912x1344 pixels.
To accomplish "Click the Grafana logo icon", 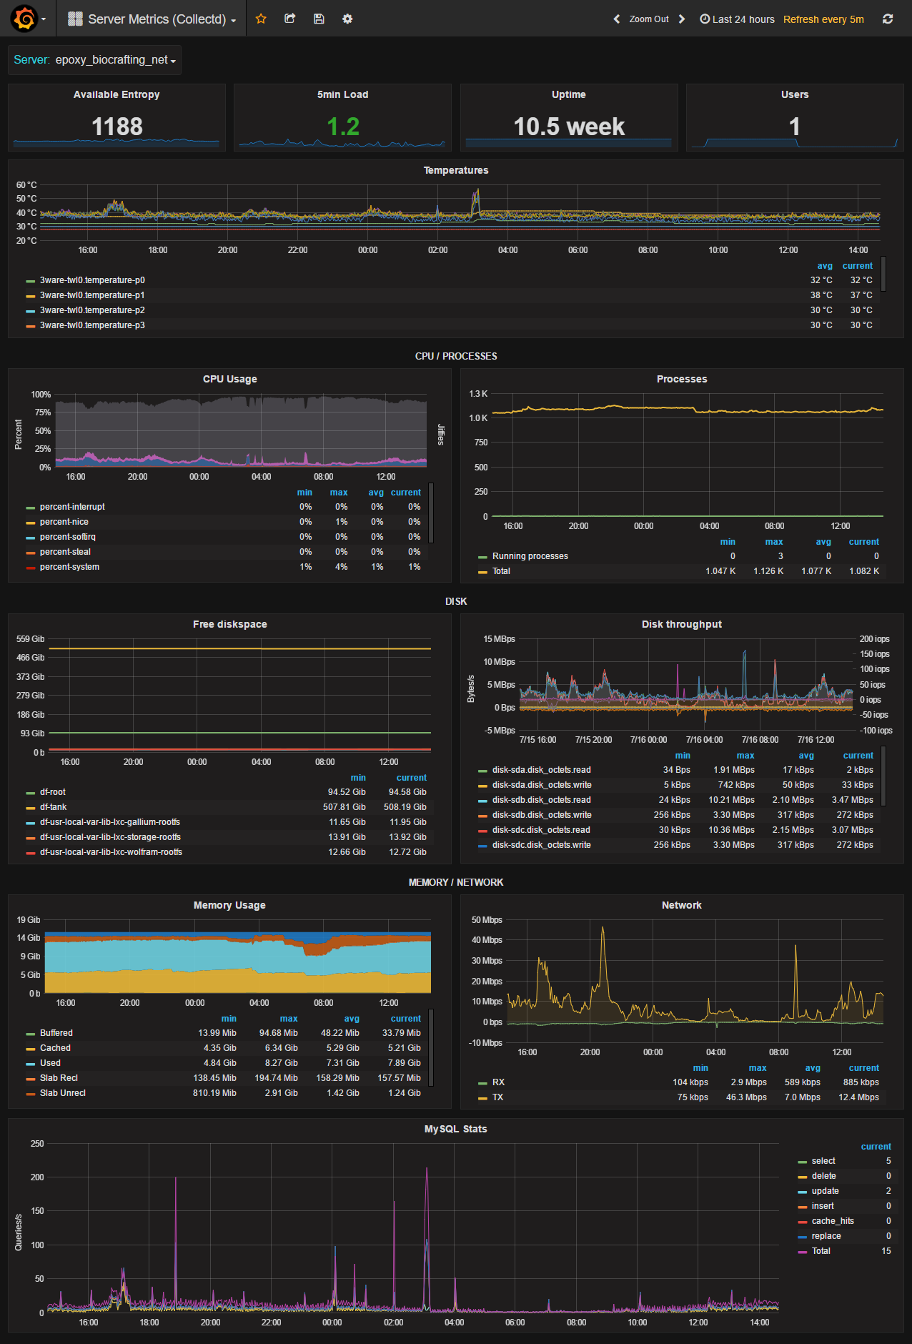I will pos(24,19).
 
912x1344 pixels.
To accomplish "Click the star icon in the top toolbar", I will pos(261,19).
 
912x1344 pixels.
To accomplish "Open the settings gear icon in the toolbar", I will pos(347,19).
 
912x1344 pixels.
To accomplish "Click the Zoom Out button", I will pos(648,19).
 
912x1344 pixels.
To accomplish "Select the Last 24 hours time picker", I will pos(737,19).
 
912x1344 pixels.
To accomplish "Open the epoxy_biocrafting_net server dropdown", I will pos(115,60).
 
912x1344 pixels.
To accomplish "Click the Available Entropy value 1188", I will pos(117,127).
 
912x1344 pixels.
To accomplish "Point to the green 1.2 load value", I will pos(343,127).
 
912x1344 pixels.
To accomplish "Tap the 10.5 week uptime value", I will pos(569,127).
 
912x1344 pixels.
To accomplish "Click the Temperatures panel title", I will pos(456,170).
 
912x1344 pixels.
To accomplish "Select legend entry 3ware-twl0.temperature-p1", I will pos(92,295).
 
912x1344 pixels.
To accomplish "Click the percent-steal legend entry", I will pos(65,552).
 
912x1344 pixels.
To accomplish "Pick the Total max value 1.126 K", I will pos(768,571).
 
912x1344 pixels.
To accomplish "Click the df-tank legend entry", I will pos(53,807).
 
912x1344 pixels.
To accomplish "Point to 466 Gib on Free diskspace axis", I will pos(30,658).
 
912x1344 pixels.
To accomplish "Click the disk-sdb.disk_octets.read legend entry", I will pos(541,800).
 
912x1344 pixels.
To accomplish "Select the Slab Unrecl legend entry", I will pos(63,1093).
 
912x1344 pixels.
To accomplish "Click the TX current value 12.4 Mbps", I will pos(858,1097).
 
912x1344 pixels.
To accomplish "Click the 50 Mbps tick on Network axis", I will pos(487,920).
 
